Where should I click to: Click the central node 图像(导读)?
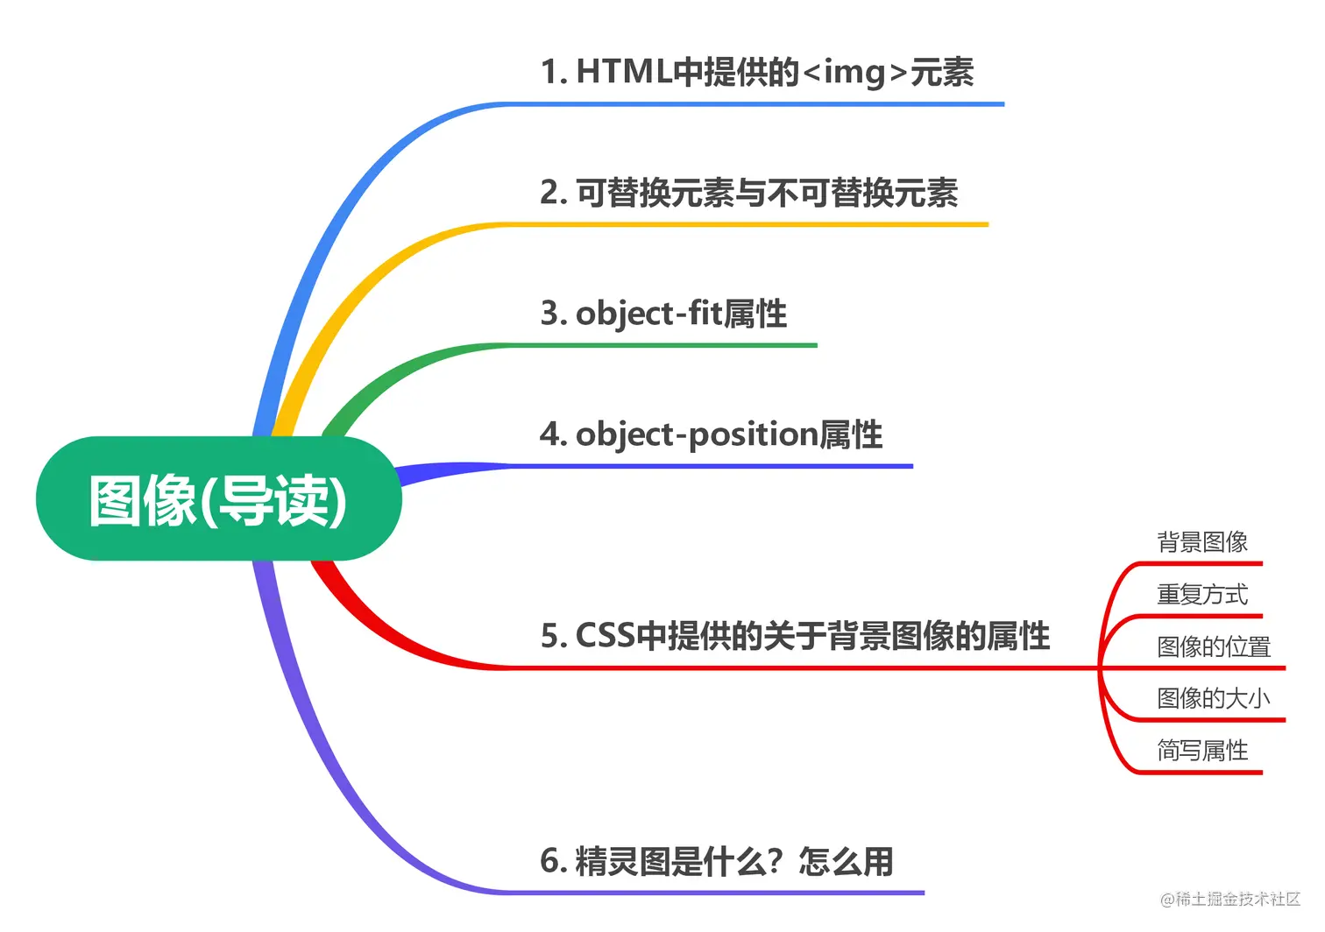(218, 499)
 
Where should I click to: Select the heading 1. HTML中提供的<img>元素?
(757, 72)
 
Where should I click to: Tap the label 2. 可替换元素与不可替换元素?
(749, 193)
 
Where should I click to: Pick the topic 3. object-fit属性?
(663, 313)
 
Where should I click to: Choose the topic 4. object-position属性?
(711, 434)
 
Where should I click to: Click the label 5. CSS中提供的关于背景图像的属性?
(795, 636)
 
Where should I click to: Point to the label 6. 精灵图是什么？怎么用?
(717, 861)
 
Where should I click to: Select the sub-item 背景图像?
(1202, 542)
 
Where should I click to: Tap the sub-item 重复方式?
(1202, 595)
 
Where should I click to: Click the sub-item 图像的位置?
(1214, 646)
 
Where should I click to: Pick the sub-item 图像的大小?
(1214, 698)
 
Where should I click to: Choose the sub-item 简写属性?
(1202, 751)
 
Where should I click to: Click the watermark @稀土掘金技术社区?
(1230, 899)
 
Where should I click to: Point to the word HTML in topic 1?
(624, 72)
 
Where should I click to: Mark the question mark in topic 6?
(773, 862)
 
